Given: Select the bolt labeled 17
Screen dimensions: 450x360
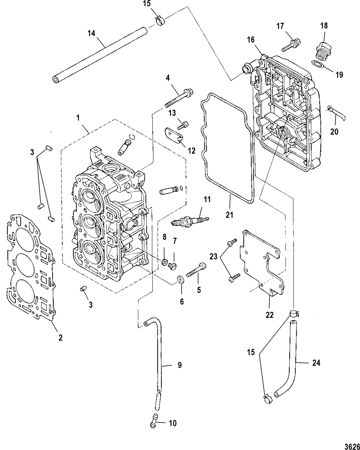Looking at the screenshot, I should (x=290, y=45).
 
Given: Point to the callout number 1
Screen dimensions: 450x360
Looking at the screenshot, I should (x=78, y=118).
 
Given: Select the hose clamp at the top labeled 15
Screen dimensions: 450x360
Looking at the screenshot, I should (x=160, y=21).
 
